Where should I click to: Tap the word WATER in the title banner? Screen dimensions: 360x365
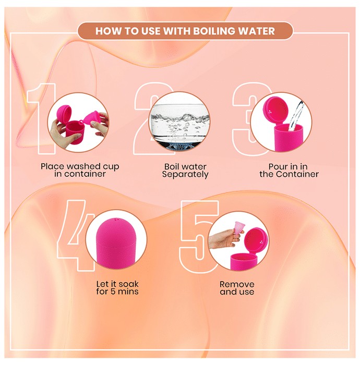pyautogui.click(x=256, y=31)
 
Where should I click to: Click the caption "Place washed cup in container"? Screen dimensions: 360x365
pyautogui.click(x=80, y=170)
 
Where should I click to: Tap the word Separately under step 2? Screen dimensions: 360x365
pyautogui.click(x=185, y=174)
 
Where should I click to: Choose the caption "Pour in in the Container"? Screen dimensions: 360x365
pyautogui.click(x=289, y=170)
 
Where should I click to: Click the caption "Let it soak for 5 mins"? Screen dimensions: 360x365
pyautogui.click(x=117, y=288)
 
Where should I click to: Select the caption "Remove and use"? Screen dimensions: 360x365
pyautogui.click(x=237, y=288)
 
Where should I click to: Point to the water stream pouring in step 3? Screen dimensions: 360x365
pyautogui.click(x=296, y=116)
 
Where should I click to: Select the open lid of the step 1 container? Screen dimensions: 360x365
pyautogui.click(x=64, y=113)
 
